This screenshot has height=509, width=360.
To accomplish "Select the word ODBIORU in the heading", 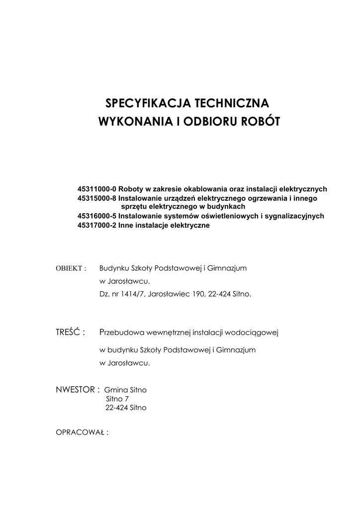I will tap(211, 121).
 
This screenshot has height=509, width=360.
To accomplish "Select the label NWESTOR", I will tap(78, 389).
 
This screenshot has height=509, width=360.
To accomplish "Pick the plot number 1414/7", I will tap(134, 294).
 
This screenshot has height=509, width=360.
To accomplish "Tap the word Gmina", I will tap(116, 390).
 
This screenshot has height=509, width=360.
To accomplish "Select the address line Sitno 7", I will tap(117, 399).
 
